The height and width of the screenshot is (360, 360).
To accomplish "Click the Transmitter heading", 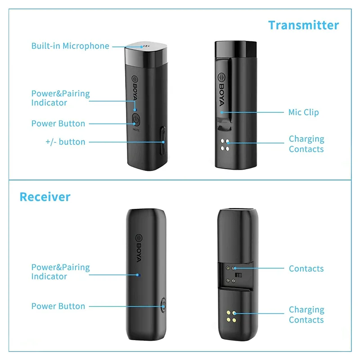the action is [303, 25].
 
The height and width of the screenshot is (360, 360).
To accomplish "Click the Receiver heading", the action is [45, 197].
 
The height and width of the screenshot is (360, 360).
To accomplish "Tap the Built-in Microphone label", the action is [70, 46].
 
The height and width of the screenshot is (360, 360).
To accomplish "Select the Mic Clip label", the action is [303, 112].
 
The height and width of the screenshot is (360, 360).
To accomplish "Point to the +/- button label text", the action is [65, 142].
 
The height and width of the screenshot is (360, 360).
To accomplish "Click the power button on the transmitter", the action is [136, 120].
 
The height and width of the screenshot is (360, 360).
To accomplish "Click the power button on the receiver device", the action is [163, 305].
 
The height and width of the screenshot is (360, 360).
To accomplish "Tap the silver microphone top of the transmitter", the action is [146, 54].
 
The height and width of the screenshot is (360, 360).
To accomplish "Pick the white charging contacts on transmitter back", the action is [225, 145].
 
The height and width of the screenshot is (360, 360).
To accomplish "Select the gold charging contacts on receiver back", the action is [231, 316].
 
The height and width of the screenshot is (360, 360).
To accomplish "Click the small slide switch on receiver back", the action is [238, 275].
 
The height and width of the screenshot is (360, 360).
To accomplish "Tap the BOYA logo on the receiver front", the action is [139, 248].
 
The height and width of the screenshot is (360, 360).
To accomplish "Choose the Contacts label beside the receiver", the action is [306, 269].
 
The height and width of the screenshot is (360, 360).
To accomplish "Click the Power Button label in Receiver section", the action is [58, 306].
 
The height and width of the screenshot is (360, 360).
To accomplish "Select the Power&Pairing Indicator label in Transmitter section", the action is [61, 98].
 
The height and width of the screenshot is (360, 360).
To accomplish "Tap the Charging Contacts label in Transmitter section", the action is [306, 144].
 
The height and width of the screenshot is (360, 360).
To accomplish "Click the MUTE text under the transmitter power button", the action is [136, 130].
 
